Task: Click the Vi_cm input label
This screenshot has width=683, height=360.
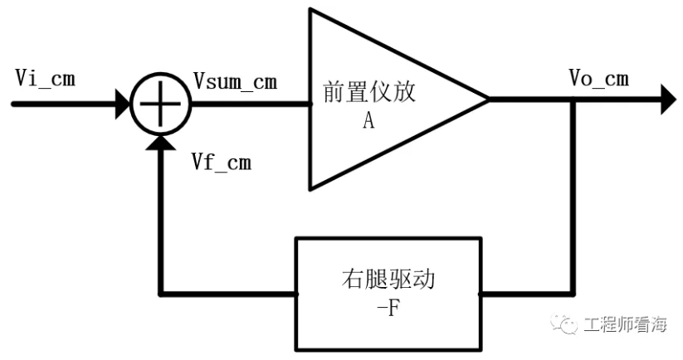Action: [46, 79]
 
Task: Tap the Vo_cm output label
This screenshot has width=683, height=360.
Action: [598, 79]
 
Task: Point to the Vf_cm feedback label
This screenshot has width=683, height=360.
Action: [221, 162]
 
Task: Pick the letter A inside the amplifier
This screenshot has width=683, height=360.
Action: [368, 120]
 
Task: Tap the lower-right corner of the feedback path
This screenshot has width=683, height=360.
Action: [573, 293]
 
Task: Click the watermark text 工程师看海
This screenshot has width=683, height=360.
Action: [625, 324]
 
